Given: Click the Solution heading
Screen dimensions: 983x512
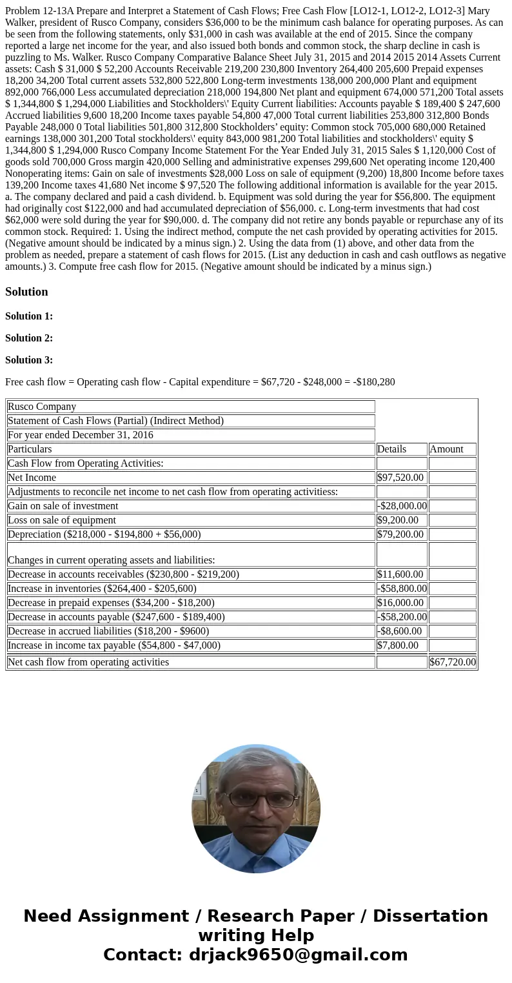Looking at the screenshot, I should [x=26, y=292].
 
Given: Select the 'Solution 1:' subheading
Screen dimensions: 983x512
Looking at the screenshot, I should [x=29, y=316].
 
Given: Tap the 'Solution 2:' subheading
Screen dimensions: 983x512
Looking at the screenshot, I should [x=29, y=338].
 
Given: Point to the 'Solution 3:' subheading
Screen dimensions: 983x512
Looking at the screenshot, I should [x=29, y=360].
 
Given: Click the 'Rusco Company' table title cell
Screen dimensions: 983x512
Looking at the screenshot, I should [x=42, y=407].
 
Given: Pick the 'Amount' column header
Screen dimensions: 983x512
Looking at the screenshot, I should [x=446, y=449].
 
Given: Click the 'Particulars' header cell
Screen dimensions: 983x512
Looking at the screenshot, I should [x=30, y=449].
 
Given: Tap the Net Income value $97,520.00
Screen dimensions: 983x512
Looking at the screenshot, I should [x=400, y=478].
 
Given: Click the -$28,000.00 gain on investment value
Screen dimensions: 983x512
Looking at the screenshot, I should [x=402, y=506].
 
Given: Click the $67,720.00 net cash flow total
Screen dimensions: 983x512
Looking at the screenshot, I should [x=453, y=662].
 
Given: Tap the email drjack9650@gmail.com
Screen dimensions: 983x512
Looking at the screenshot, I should [x=299, y=955].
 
